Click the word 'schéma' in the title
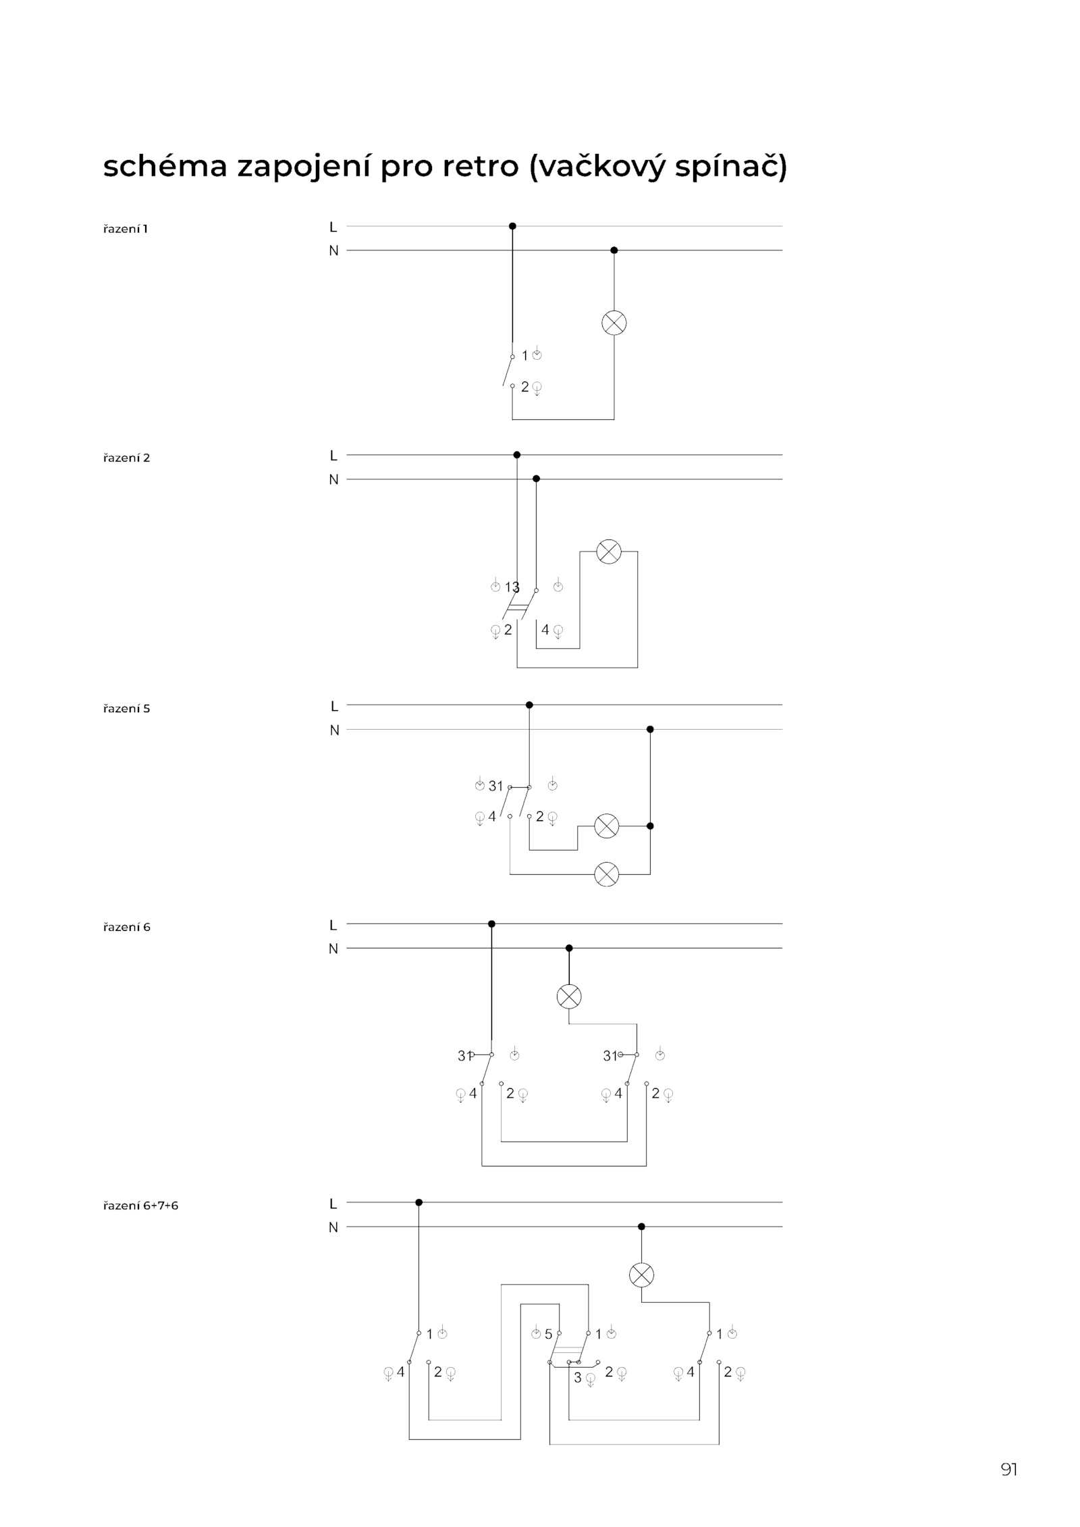click(165, 166)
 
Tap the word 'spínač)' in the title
click(731, 167)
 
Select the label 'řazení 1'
click(126, 229)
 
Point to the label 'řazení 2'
click(126, 458)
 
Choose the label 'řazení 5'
click(126, 708)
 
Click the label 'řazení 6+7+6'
click(140, 1205)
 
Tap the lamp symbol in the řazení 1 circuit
click(614, 323)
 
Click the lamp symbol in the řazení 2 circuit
click(608, 552)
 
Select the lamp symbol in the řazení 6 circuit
click(568, 996)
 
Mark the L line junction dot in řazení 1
click(512, 226)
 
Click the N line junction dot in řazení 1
click(614, 250)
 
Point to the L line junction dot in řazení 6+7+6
click(418, 1202)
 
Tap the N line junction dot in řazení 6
click(568, 948)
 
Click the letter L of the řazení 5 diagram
click(333, 706)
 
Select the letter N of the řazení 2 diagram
click(333, 480)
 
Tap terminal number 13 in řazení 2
click(512, 587)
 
